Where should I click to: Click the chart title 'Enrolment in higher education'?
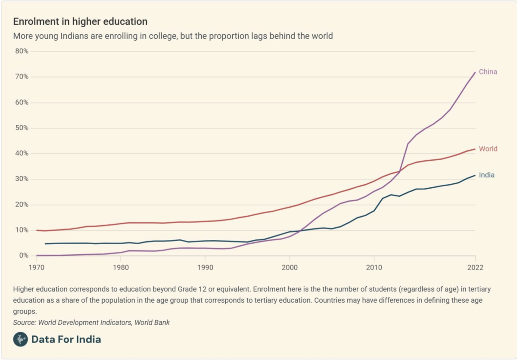click(80, 22)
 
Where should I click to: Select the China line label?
click(488, 72)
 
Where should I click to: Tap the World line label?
click(488, 149)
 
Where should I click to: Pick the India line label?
click(486, 175)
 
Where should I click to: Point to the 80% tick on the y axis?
click(22, 51)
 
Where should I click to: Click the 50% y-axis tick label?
click(22, 128)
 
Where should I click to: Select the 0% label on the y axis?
click(23, 256)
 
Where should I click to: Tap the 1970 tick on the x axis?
click(37, 267)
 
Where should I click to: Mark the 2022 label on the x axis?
click(475, 267)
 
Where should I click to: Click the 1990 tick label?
click(205, 267)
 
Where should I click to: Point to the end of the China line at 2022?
click(475, 72)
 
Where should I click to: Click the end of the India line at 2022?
click(475, 175)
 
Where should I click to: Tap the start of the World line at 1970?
click(37, 230)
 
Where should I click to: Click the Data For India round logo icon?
click(20, 339)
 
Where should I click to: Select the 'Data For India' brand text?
click(66, 339)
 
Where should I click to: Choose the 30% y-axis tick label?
click(22, 179)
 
